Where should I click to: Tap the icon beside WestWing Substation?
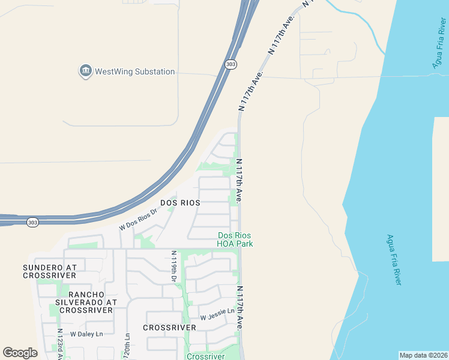click(x=85, y=71)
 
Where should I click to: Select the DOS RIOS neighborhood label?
click(x=180, y=203)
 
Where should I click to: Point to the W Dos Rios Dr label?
click(x=138, y=219)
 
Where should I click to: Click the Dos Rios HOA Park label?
click(x=235, y=239)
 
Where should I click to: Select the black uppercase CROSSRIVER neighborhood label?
click(x=169, y=328)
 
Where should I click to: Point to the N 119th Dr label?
click(x=173, y=266)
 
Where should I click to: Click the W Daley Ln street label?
click(x=86, y=334)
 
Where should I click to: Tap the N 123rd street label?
click(x=59, y=343)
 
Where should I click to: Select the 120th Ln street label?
click(x=127, y=346)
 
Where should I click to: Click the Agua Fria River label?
click(x=394, y=259)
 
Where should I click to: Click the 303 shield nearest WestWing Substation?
click(x=231, y=64)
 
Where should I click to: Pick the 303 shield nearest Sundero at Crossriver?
click(x=34, y=222)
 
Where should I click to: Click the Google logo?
click(x=20, y=352)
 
